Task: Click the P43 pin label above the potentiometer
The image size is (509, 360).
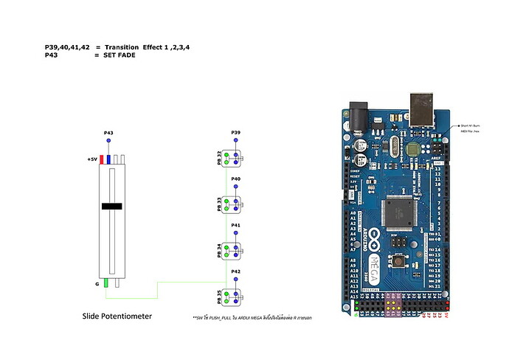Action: pos(108,132)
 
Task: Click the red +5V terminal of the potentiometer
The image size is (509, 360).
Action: pos(102,159)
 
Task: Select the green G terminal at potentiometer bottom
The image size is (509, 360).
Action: pos(106,283)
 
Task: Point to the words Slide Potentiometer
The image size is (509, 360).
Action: pos(118,316)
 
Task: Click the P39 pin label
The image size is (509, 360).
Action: pos(235,132)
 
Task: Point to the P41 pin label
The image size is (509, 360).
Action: pos(235,225)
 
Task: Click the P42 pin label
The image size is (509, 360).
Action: pos(235,271)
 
